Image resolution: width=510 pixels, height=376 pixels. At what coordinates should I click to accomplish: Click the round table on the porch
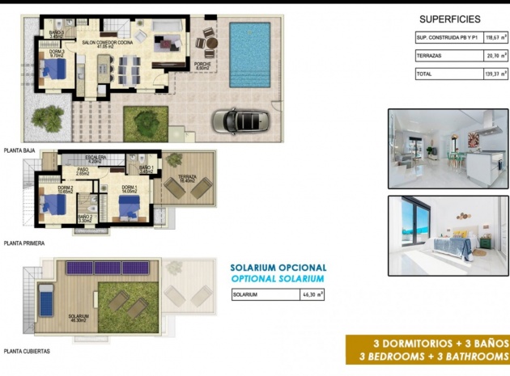pyautogui.click(x=209, y=43)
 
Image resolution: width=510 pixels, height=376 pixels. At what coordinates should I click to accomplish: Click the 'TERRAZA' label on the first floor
pyautogui.click(x=188, y=178)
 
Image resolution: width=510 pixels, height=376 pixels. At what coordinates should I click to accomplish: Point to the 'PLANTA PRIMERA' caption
pyautogui.click(x=24, y=243)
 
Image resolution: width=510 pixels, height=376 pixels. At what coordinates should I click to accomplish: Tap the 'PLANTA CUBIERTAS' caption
pyautogui.click(x=27, y=351)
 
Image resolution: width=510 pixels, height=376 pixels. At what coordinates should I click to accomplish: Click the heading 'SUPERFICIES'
pyautogui.click(x=450, y=19)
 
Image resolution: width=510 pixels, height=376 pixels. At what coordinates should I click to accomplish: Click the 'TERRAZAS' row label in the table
pyautogui.click(x=430, y=55)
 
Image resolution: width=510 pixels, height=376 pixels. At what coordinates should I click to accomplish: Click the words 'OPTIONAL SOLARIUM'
pyautogui.click(x=278, y=278)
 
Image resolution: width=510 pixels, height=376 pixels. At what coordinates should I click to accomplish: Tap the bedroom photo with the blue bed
pyautogui.click(x=448, y=227)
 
